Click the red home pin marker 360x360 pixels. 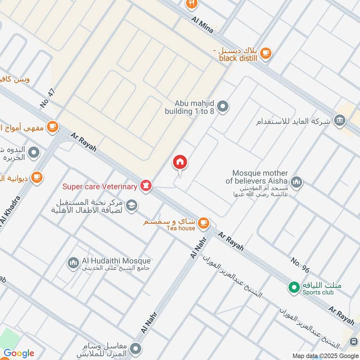tap(180, 162)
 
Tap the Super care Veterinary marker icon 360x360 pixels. tap(145, 185)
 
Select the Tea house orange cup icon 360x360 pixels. tap(203, 222)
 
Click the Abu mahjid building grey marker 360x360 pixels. tap(223, 107)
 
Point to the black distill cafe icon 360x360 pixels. tap(266, 53)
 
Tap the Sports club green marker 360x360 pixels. tap(294, 286)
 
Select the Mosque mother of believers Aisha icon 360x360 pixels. tap(296, 182)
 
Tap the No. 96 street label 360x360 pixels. tap(300, 265)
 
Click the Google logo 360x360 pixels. tap(19, 353)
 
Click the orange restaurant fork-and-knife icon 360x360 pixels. tap(192, 4)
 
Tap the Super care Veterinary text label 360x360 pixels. tap(99, 186)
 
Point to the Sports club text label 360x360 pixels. tap(318, 292)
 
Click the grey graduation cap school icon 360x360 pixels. tap(131, 206)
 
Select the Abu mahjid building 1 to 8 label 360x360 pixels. tap(189, 107)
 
